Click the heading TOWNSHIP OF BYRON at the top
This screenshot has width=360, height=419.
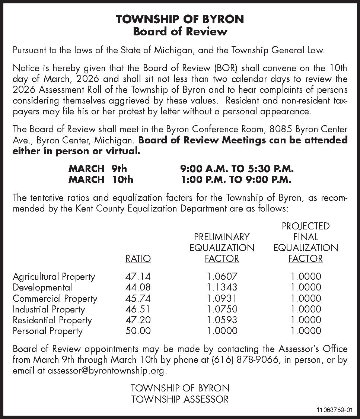coord(180,19)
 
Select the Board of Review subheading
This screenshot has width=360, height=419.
coord(180,31)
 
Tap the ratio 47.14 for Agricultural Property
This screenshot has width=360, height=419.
coord(138,276)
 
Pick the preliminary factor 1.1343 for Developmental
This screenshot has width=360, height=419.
coord(222,287)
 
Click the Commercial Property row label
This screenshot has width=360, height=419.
coord(55,298)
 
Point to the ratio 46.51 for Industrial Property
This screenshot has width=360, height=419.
coord(138,309)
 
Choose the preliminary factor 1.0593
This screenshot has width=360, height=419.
coord(222,320)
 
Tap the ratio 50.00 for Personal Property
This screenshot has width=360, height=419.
coord(138,331)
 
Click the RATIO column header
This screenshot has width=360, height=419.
coord(138,258)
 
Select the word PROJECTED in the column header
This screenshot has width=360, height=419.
coord(306,226)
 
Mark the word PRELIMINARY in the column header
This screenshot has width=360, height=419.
coord(222,237)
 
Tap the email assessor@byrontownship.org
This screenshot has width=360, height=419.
coord(106,371)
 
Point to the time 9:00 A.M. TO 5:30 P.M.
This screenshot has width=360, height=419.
coord(237,169)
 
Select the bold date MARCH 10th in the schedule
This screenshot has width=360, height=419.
coord(101,180)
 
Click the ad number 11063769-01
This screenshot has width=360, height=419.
coord(333,410)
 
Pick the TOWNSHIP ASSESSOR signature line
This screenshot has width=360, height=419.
coord(180,400)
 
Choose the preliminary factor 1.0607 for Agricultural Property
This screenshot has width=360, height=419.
coord(222,276)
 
